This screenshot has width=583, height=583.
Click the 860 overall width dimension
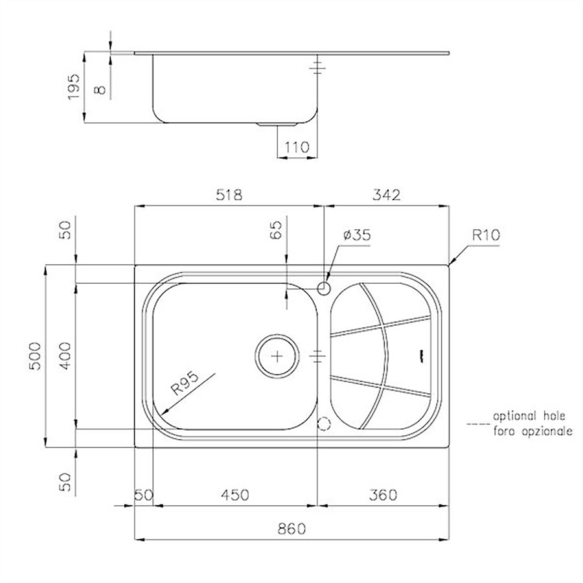[x=291, y=529]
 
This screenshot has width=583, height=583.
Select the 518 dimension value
[x=229, y=194]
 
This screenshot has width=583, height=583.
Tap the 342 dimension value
[x=387, y=194]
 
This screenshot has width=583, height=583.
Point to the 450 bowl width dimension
[x=235, y=495]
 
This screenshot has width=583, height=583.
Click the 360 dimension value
[x=383, y=495]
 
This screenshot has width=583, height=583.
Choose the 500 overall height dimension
[x=35, y=356]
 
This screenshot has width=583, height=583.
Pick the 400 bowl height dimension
[x=66, y=356]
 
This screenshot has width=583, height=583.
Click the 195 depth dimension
[x=74, y=87]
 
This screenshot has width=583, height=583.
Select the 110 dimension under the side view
[x=297, y=147]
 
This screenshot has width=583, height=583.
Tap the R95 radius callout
[x=185, y=383]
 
